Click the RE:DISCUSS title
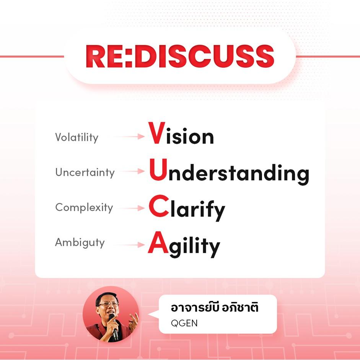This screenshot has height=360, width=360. point(180,56)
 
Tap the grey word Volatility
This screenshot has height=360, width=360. point(77,137)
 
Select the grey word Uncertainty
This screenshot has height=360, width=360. point(85,173)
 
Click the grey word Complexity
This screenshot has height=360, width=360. point(84,208)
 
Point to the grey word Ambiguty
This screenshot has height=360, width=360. point(80,243)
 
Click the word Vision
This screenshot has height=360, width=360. point(181,133)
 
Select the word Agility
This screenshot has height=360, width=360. point(184,244)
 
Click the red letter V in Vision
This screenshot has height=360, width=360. point(157,133)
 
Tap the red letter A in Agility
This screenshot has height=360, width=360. point(158,242)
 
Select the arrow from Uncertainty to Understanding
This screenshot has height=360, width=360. point(132,171)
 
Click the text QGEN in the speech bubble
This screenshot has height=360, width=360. point(184,323)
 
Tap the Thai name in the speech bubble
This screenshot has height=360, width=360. point(215,307)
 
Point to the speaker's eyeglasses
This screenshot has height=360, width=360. point(108,305)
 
